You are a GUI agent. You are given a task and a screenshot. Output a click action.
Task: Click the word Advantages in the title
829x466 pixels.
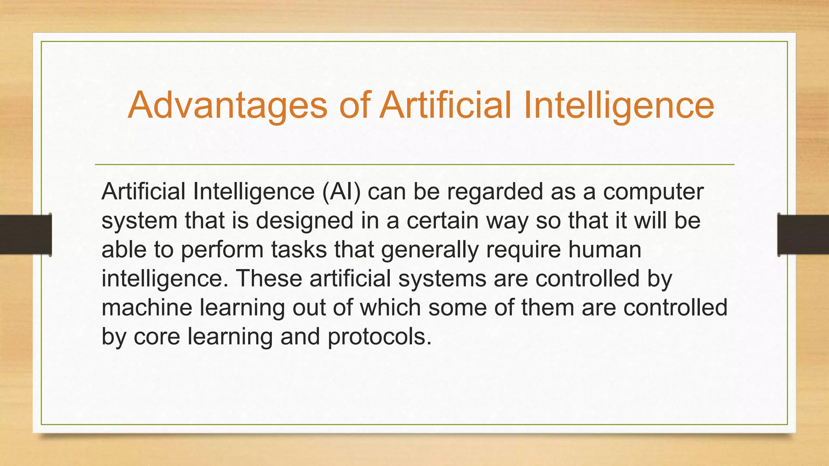coord(227,105)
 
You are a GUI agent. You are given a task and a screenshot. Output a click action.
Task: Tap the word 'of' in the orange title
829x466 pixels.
coord(355,105)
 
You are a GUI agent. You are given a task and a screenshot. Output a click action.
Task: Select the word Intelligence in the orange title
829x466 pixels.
coord(619,105)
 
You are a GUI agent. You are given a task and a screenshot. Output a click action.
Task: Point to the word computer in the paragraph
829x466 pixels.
coord(653,192)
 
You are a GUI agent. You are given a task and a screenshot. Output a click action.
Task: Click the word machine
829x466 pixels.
coord(147,307)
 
